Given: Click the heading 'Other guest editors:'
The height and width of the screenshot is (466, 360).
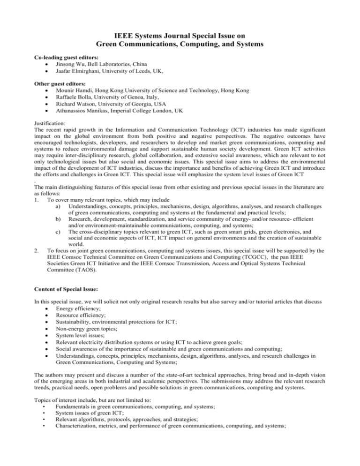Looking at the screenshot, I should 60,87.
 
